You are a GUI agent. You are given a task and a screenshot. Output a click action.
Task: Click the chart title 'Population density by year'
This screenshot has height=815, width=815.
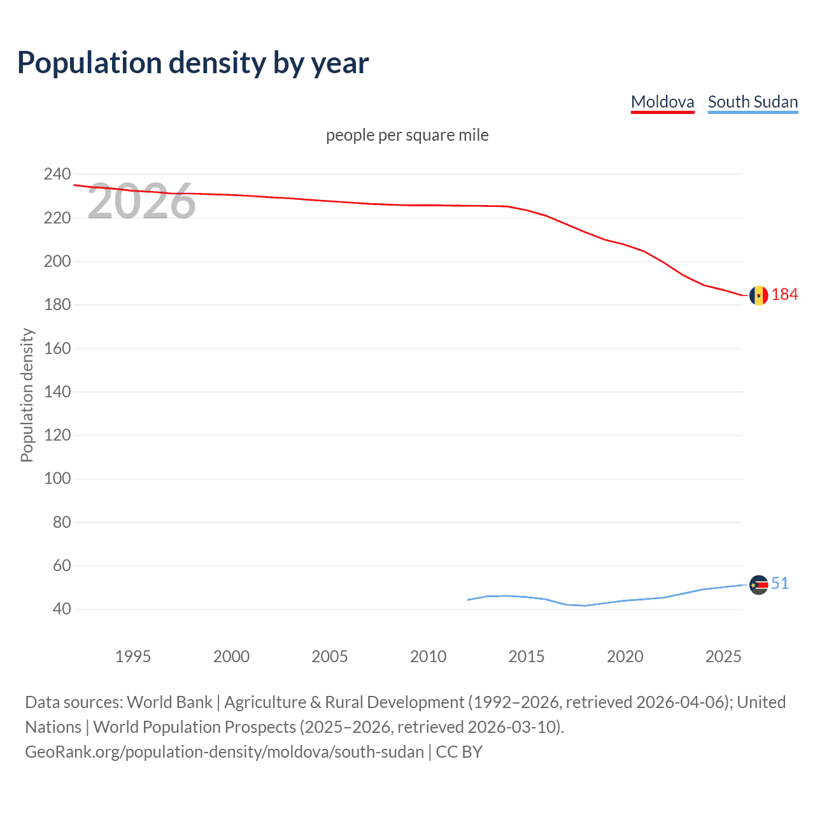(x=193, y=63)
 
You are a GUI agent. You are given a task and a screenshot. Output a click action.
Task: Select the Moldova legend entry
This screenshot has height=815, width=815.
(x=662, y=102)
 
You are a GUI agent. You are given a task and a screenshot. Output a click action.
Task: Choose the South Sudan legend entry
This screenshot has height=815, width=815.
(x=753, y=102)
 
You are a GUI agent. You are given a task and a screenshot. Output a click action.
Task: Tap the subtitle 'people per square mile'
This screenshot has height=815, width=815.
(x=407, y=135)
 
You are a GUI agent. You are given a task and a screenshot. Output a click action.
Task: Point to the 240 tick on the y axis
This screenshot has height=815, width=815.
(x=57, y=174)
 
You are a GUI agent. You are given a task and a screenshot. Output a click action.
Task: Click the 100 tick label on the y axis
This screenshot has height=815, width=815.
(x=57, y=478)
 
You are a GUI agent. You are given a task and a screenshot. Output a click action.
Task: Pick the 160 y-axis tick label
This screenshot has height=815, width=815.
(x=57, y=348)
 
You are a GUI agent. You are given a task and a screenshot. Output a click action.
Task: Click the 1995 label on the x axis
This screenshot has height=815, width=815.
(x=133, y=656)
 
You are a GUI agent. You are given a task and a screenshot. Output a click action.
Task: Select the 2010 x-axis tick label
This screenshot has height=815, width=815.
(x=428, y=656)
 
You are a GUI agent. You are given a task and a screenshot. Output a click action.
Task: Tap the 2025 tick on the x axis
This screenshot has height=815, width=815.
(x=723, y=656)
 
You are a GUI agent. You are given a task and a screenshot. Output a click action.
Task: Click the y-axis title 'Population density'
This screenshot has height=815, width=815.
(x=27, y=395)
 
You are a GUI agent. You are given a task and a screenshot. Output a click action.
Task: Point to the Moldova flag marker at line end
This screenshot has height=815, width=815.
(x=758, y=295)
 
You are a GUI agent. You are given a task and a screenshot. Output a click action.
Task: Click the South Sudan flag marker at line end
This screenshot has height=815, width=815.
(x=758, y=585)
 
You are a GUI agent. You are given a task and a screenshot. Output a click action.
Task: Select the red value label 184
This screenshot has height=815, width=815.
(x=784, y=294)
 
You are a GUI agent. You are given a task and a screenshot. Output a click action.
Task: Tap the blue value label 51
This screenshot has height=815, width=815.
(x=780, y=583)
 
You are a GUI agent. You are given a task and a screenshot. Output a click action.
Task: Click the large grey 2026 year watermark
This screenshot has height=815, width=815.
(x=141, y=202)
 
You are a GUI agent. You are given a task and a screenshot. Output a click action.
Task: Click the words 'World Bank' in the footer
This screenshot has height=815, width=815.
(x=169, y=702)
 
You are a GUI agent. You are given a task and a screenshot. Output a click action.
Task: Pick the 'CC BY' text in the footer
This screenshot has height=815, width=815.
(x=459, y=752)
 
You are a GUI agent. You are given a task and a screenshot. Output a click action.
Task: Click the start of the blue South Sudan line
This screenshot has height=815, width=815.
(x=468, y=600)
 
